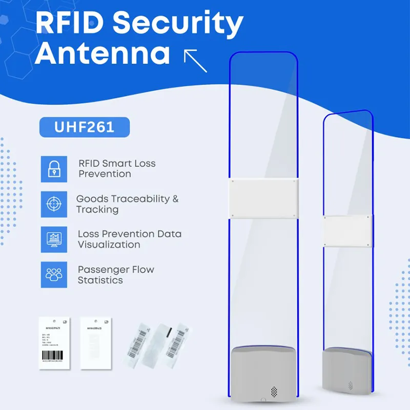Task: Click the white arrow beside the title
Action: (195, 60)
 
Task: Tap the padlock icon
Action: (54, 169)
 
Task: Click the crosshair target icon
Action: (54, 204)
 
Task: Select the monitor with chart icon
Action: (54, 239)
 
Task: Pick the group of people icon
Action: (54, 275)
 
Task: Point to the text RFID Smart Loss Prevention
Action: (116, 169)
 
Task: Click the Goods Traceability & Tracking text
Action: (127, 204)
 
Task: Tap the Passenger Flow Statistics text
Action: (115, 275)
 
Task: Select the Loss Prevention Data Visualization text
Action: (129, 239)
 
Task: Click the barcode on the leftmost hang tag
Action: (54, 355)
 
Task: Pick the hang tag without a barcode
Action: (96, 342)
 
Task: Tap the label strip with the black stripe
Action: (163, 341)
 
